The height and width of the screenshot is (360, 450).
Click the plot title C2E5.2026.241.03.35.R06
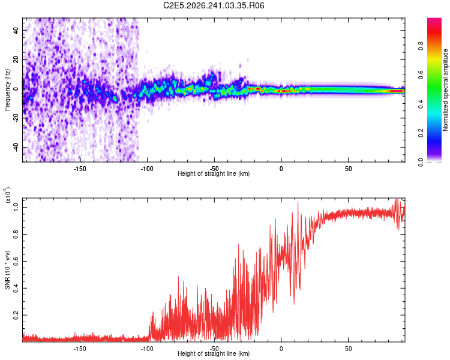pyautogui.click(x=214, y=5)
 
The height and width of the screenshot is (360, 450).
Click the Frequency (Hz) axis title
pyautogui.click(x=7, y=90)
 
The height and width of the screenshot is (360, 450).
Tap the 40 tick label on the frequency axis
pyautogui.click(x=16, y=30)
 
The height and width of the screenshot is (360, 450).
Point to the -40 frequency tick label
pyautogui.click(x=16, y=147)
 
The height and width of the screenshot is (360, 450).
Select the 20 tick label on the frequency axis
pyautogui.click(x=16, y=59)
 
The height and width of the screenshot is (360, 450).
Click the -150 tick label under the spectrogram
pyautogui.click(x=80, y=169)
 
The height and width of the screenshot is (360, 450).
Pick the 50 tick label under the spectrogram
pyautogui.click(x=348, y=169)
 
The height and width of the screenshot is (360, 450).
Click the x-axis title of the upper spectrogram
pyautogui.click(x=214, y=173)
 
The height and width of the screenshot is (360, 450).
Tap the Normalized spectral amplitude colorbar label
pyautogui.click(x=445, y=90)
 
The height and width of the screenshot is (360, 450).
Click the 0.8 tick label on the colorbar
pyautogui.click(x=421, y=46)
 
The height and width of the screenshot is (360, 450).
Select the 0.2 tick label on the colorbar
pyautogui.click(x=421, y=133)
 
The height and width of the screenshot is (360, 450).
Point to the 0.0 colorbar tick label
pyautogui.click(x=421, y=162)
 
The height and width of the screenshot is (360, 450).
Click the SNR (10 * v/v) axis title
pyautogui.click(x=7, y=270)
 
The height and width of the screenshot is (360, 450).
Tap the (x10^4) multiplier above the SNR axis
pyautogui.click(x=7, y=195)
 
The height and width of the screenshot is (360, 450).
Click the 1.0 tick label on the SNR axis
pyautogui.click(x=16, y=207)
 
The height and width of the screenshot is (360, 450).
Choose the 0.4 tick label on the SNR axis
pyautogui.click(x=16, y=288)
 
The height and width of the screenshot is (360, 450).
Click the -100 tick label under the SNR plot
pyautogui.click(x=147, y=349)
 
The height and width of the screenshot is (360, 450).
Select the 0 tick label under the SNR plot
pyautogui.click(x=281, y=349)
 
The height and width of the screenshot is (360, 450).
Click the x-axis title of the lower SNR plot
pyautogui.click(x=214, y=353)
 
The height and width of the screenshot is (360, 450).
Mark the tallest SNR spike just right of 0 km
pyautogui.click(x=298, y=203)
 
